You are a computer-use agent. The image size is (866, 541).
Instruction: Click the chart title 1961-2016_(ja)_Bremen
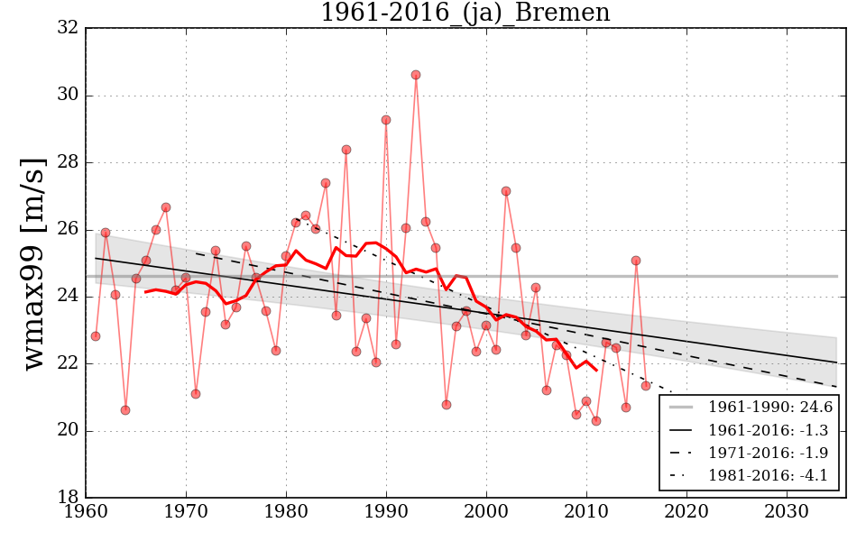465,13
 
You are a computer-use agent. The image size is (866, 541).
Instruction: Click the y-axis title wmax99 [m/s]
33,261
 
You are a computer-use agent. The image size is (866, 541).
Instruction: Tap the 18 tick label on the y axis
67,498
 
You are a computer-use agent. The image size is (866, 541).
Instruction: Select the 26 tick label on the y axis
67,230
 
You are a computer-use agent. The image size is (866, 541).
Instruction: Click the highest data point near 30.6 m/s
416,75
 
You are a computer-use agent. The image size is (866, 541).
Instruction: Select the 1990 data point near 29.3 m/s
386,120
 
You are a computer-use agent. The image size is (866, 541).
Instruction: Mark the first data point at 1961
96,336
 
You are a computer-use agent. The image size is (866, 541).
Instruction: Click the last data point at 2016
646,386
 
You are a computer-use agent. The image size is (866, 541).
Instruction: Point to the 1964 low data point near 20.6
125,410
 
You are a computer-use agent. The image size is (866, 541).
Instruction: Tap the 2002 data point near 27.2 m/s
506,191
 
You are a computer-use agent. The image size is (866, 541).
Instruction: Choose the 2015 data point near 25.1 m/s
636,261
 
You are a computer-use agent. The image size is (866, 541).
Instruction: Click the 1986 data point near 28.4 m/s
346,150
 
